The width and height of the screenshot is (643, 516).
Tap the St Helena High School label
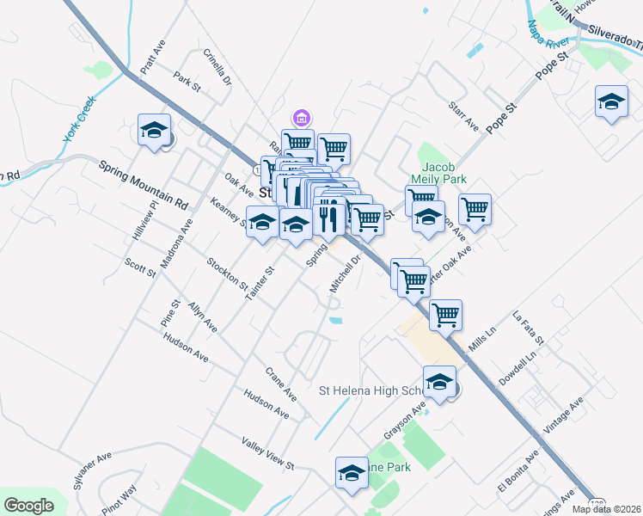(x=371, y=390)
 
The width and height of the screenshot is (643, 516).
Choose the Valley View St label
(x=267, y=452)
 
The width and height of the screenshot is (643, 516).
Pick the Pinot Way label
(x=119, y=501)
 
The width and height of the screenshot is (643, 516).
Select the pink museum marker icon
(x=300, y=116)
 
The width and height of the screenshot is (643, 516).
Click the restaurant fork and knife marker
(x=328, y=217)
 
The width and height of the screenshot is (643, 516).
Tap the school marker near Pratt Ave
(x=154, y=131)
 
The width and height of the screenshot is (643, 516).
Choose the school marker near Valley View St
(x=351, y=473)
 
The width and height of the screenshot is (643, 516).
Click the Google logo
(x=28, y=505)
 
